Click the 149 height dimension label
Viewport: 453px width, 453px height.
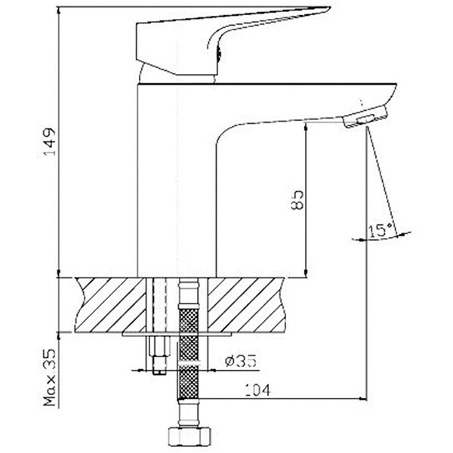click(x=49, y=142)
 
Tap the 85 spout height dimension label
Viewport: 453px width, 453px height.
click(x=297, y=199)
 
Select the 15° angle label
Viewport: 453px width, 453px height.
click(x=381, y=230)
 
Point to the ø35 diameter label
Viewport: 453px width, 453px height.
click(x=240, y=361)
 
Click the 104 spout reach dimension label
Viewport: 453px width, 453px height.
click(x=257, y=390)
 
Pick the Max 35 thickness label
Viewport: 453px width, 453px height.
click(x=49, y=377)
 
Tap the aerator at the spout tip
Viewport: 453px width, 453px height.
click(x=365, y=116)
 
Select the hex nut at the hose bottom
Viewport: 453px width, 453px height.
click(x=190, y=437)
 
